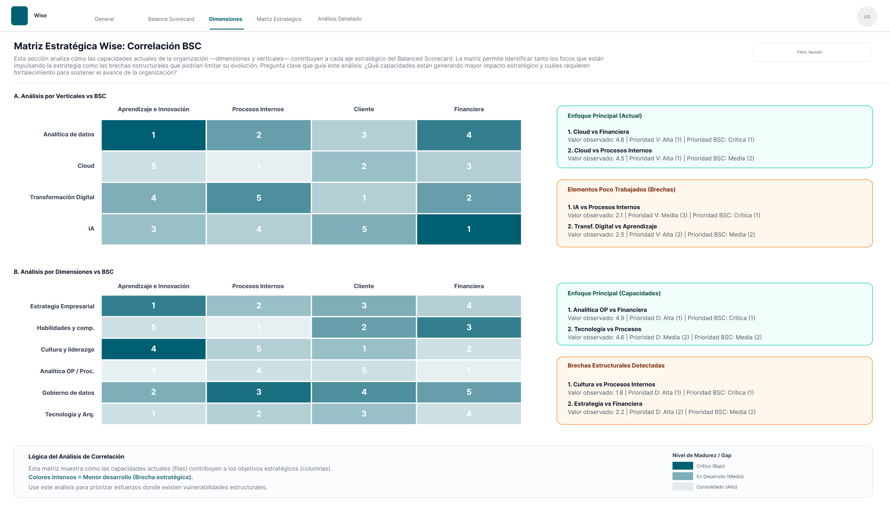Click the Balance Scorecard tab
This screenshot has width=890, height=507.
pos(171,19)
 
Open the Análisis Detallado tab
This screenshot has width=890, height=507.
pos(339,19)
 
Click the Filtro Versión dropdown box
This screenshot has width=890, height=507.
pos(812,52)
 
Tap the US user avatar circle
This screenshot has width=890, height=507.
pos(867,17)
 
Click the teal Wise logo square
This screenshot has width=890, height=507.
pos(19,16)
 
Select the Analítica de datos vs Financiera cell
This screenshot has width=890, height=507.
pos(469,135)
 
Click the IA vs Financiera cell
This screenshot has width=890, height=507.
pos(469,229)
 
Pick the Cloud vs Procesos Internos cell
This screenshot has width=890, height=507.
pos(258,166)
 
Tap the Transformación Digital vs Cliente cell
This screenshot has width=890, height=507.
pos(364,198)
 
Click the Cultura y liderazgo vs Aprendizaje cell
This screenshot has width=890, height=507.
pos(153,349)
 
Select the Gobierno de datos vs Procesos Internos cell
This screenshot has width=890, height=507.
pos(258,392)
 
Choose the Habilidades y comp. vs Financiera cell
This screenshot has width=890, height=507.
pos(469,327)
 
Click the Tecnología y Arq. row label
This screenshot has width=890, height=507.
pos(69,414)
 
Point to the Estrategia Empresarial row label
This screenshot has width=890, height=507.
pos(62,306)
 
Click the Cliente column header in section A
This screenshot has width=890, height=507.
pos(364,109)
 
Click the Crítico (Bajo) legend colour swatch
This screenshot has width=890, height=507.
pos(682,466)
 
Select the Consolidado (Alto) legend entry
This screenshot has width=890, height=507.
pos(716,487)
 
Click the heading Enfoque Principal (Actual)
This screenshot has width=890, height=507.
pos(604,116)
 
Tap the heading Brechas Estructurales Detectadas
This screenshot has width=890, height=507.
pos(616,365)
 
